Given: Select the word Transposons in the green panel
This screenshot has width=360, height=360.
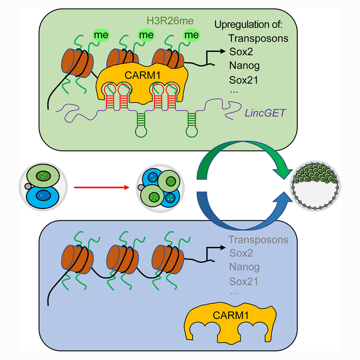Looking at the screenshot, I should [x=258, y=39].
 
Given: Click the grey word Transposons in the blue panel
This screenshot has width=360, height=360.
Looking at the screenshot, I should [x=258, y=240].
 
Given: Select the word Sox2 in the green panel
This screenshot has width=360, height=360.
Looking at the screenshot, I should [x=240, y=53].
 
